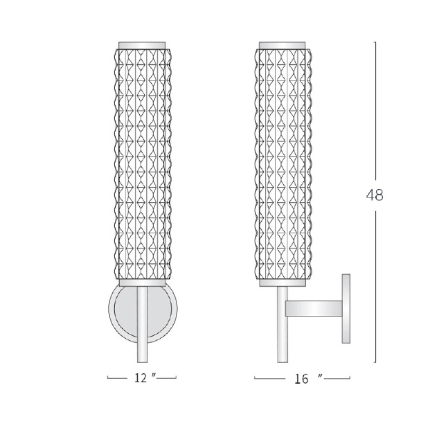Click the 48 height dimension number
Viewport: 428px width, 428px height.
click(374, 195)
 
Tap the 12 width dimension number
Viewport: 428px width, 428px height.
click(141, 378)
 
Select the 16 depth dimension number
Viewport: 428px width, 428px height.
click(301, 379)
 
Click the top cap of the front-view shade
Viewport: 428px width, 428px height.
click(142, 46)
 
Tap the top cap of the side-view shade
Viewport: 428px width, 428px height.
click(282, 46)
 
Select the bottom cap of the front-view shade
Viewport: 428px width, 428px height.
click(142, 282)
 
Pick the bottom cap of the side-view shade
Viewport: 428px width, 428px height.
click(282, 282)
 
